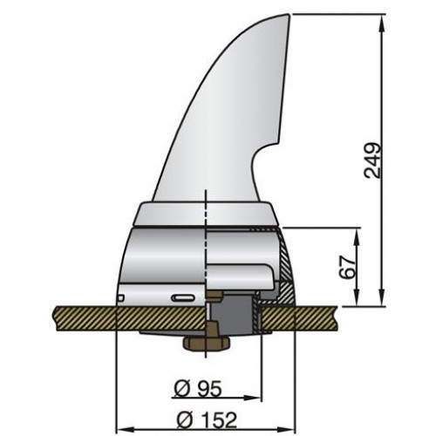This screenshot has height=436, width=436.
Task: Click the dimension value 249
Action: (x=373, y=160)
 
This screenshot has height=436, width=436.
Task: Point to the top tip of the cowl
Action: (x=286, y=15)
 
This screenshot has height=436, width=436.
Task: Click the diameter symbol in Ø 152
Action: (x=186, y=420)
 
